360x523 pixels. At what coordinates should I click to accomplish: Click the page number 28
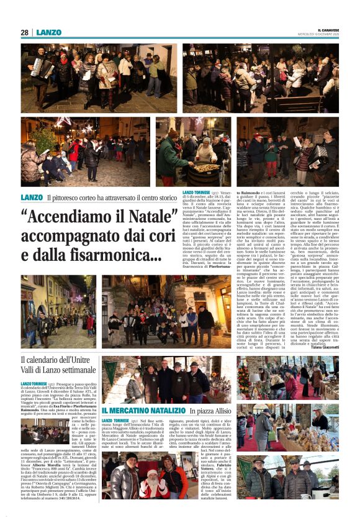(24, 32)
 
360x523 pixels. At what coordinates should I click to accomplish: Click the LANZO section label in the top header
(48, 32)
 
